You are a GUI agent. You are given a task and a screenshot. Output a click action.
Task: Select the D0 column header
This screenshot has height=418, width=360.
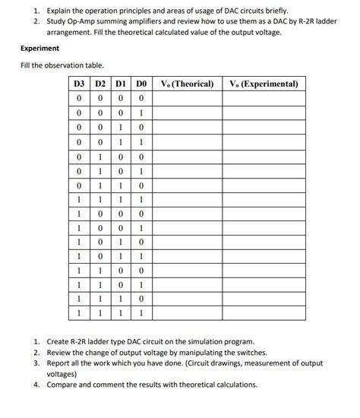click(x=141, y=84)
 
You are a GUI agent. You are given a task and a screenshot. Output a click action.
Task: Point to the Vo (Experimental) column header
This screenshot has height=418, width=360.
click(x=264, y=84)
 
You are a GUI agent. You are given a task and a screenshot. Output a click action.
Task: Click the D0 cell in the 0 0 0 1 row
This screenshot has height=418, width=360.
click(x=141, y=112)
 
